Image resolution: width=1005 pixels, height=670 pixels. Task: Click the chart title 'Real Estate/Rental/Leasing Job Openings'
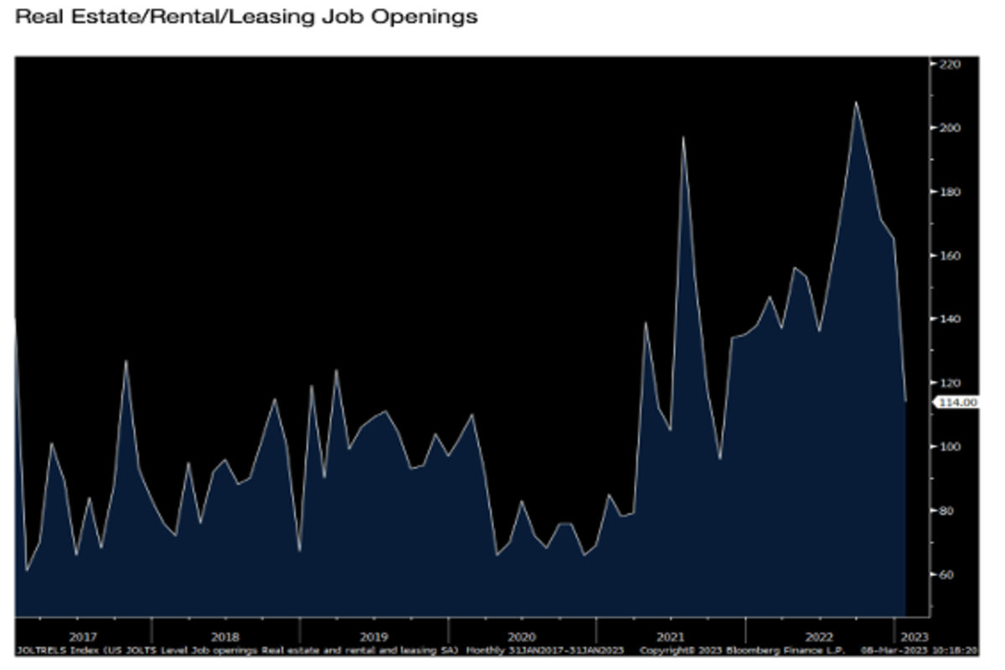(x=246, y=16)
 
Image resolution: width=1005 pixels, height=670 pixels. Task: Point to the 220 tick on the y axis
(x=949, y=64)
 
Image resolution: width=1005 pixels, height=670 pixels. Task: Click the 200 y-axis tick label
(x=949, y=128)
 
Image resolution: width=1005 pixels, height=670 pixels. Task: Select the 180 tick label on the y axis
(x=949, y=192)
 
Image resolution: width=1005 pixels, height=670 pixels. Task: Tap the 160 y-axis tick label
(x=949, y=255)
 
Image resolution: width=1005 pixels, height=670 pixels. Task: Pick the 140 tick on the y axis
(x=949, y=319)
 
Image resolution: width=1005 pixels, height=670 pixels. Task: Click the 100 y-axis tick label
(x=949, y=446)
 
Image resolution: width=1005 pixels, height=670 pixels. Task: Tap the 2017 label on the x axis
(x=84, y=636)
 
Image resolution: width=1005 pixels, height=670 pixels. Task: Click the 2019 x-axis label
(x=374, y=636)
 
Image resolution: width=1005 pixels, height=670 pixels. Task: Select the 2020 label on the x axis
(x=522, y=636)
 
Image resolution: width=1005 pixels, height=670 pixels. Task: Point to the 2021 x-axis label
(x=670, y=636)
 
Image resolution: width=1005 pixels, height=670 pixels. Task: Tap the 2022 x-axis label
(x=818, y=636)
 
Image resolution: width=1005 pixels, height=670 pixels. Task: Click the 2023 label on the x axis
(x=913, y=636)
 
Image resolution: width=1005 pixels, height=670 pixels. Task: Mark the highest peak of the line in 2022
(x=856, y=102)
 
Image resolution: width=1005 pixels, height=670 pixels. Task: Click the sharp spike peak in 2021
(x=683, y=137)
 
